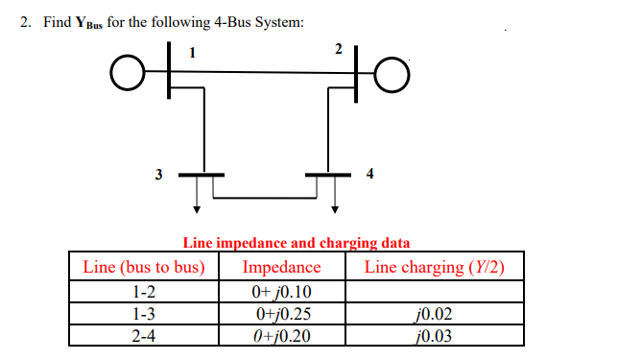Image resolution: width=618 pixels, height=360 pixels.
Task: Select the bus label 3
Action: tap(158, 174)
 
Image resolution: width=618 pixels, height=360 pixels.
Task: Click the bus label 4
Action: tap(370, 174)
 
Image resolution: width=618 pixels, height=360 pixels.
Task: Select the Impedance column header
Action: tap(281, 266)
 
